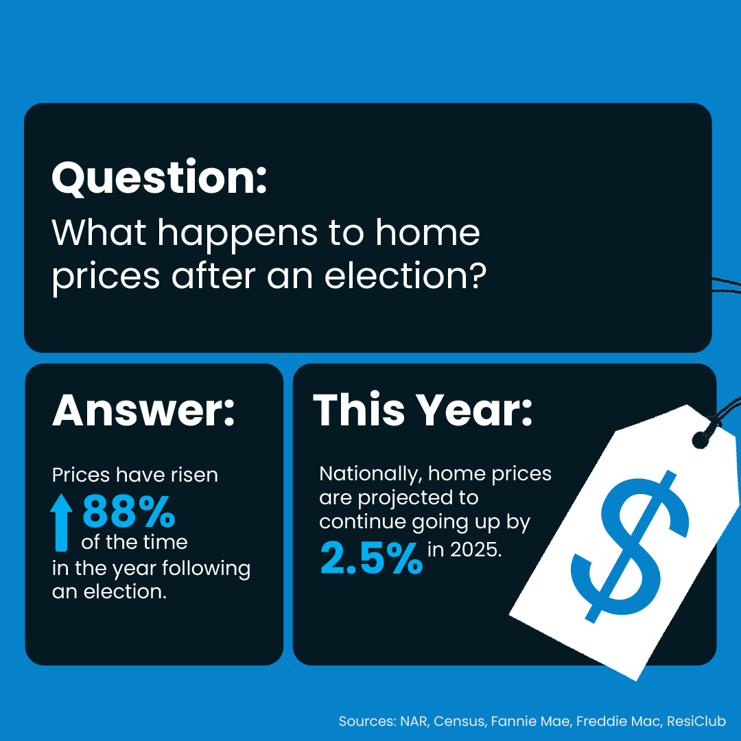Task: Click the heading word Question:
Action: coord(160,178)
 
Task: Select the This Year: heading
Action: coord(423,409)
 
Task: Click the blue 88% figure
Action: coord(129,511)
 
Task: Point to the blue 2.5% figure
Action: coord(371,558)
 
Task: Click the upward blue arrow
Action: coord(61,522)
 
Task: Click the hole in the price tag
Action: coord(700,440)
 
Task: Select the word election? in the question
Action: coord(405,276)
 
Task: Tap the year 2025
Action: coord(476,550)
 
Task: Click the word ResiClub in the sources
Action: coord(696,721)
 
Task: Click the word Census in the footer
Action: coord(459,721)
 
